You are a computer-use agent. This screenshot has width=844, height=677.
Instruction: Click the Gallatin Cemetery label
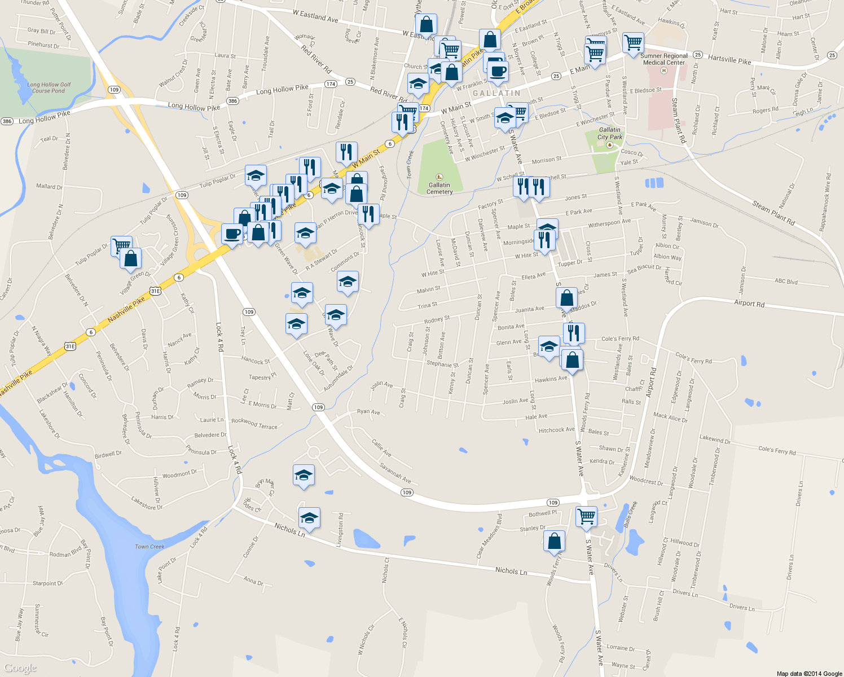click(x=439, y=188)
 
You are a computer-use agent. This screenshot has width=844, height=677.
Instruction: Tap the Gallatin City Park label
click(x=609, y=133)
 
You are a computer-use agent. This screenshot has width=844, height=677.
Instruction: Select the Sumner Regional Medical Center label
click(x=664, y=59)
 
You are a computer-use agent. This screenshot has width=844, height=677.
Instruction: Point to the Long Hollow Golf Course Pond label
click(x=49, y=87)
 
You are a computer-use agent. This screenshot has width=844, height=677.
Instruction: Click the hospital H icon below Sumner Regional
click(x=664, y=71)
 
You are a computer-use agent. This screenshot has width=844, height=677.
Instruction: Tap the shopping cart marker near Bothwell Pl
click(x=586, y=516)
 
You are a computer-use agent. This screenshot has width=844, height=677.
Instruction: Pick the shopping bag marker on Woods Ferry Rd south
click(x=554, y=541)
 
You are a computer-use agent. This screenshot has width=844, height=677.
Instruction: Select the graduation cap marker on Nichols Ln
click(x=309, y=518)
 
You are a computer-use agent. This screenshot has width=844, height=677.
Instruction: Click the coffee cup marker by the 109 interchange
click(x=231, y=234)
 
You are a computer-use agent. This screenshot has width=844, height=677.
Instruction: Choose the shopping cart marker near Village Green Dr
click(x=121, y=245)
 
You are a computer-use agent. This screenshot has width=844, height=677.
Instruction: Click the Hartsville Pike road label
click(x=729, y=59)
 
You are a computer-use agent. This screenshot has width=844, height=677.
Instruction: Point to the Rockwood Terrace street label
click(x=254, y=424)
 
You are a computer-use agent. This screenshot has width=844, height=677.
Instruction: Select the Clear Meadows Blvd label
click(x=489, y=535)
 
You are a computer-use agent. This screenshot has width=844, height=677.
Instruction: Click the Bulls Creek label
click(x=631, y=514)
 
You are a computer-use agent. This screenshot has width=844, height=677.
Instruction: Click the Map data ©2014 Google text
click(x=809, y=674)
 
